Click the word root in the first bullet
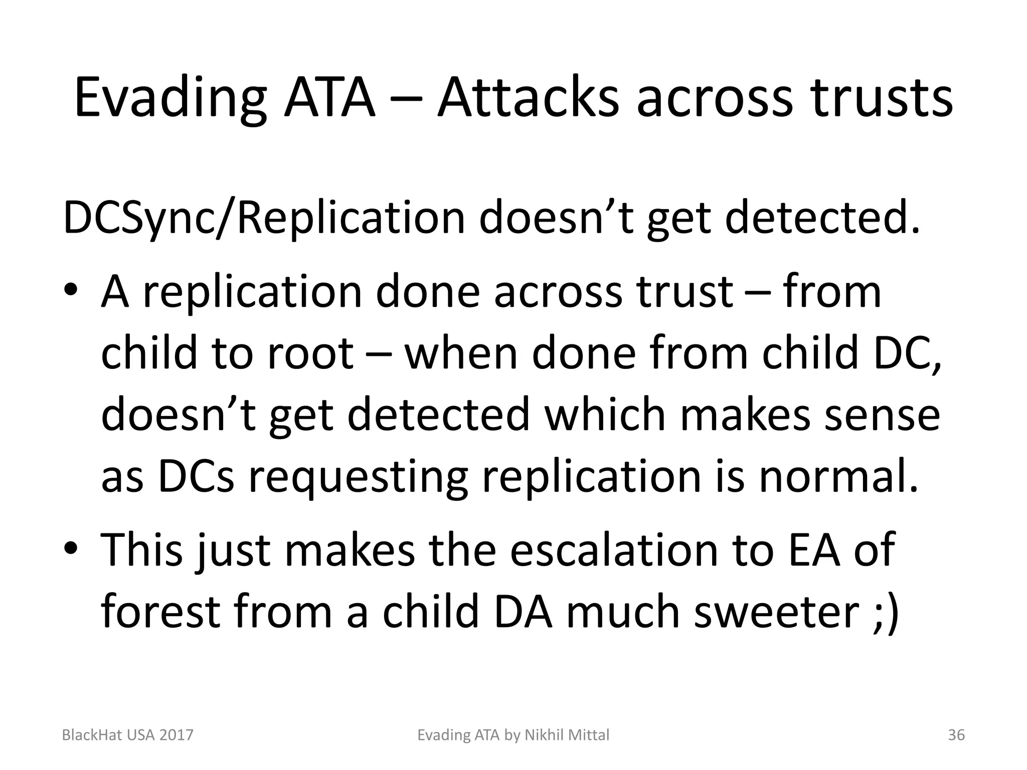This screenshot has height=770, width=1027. [x=311, y=353]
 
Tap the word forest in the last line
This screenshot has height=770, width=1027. [x=160, y=612]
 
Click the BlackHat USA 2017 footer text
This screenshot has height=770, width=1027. [x=127, y=735]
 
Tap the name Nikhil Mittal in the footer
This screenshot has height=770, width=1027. [x=567, y=735]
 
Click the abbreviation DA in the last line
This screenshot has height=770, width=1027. [x=524, y=612]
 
